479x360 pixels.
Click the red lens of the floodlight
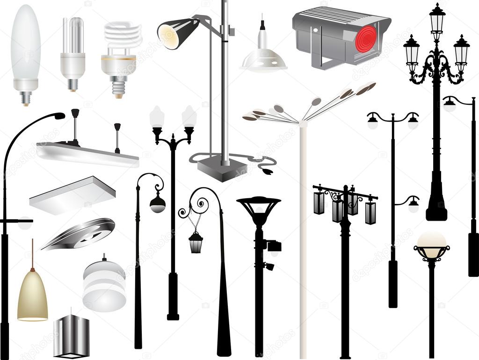(366, 38)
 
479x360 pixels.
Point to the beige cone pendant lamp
(32, 296)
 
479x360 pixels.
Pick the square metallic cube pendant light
(71, 336)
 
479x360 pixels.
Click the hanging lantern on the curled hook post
(196, 242)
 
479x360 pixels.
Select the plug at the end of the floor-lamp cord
(268, 171)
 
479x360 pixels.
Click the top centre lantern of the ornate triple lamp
(437, 19)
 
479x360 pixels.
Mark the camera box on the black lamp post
(273, 245)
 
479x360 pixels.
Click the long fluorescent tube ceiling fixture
(87, 154)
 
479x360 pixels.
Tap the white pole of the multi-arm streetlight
(303, 234)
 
